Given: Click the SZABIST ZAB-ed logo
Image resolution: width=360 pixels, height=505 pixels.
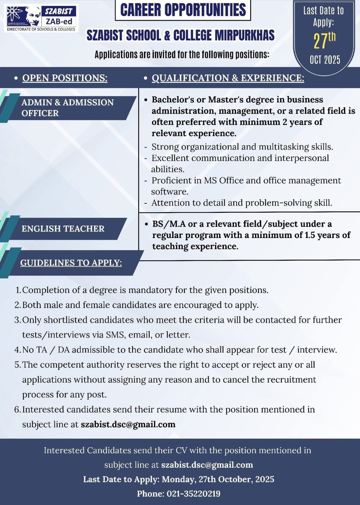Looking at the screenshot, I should click(41, 18).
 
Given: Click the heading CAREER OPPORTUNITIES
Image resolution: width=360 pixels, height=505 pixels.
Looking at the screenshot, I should click(183, 10).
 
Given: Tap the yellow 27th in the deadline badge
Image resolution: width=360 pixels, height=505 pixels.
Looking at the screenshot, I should click(324, 40).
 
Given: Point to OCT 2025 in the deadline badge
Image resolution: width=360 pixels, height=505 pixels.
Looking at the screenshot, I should click(325, 60).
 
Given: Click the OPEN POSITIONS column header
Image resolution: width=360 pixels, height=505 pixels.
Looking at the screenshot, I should click(65, 78).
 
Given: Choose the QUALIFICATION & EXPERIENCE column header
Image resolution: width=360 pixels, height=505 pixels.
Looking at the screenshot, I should click(228, 78).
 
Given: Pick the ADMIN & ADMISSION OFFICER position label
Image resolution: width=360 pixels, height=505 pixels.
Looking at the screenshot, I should click(67, 108).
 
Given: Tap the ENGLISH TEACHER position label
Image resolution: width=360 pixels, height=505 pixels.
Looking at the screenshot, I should click(63, 229).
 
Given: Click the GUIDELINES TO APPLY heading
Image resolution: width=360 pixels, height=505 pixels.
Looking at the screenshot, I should click(71, 263).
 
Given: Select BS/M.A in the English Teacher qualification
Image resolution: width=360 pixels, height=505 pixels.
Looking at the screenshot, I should click(169, 224).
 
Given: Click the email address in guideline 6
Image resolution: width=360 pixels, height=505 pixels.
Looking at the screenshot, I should click(128, 424).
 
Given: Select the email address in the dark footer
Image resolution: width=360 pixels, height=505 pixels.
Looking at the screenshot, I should click(207, 465).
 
